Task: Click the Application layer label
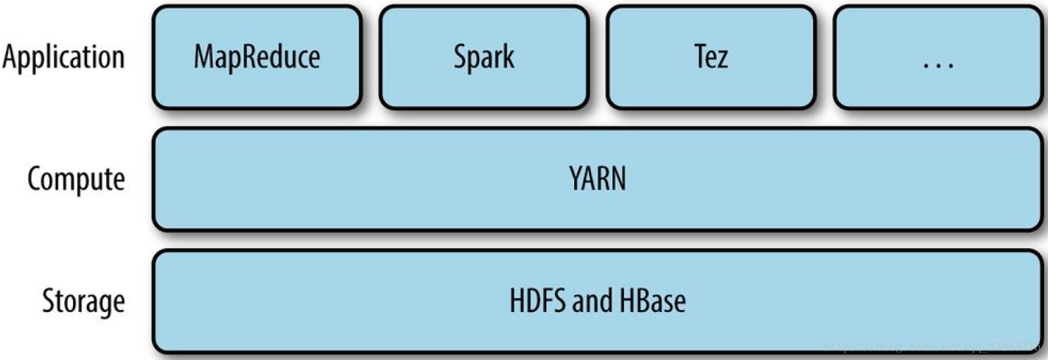coord(64,57)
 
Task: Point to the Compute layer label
coord(76,179)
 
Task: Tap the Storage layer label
coord(84,301)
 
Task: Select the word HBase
coord(652,301)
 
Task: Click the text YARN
coord(597,179)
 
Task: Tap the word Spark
coord(484,57)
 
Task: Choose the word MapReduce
coord(257,57)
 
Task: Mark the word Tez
coord(711,57)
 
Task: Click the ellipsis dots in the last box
coord(938,64)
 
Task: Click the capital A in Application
coord(11,57)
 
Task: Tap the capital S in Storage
coord(49,301)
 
